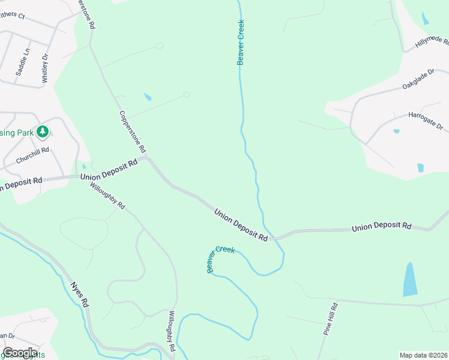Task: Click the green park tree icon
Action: pos(42,131)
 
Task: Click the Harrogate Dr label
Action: pos(425,119)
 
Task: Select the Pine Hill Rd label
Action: pos(331,319)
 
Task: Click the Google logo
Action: pos(20,353)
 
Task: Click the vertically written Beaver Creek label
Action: pos(241,41)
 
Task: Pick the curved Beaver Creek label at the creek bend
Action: pos(220,259)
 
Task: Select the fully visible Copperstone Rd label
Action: pos(133,131)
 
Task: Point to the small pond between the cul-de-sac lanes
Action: pos(148,97)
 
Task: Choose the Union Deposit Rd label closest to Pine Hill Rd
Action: pos(382,227)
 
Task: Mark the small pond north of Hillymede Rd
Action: pos(425,18)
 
